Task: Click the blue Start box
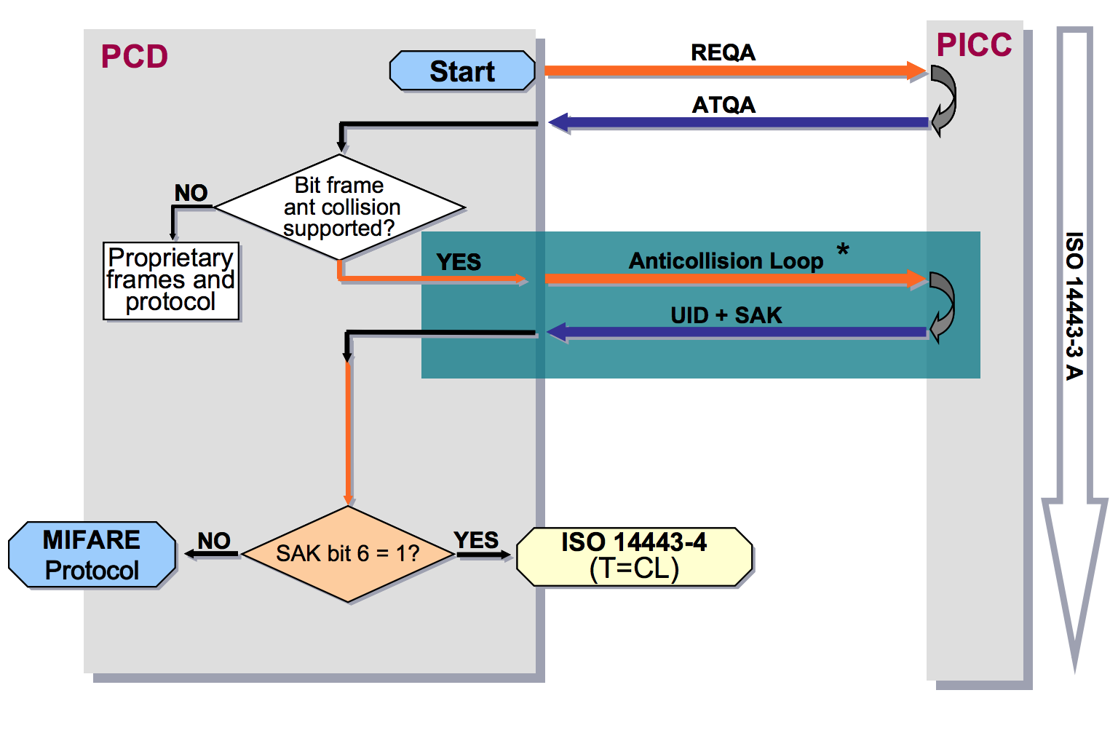pyautogui.click(x=462, y=71)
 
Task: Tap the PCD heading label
pyautogui.click(x=135, y=57)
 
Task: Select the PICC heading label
pyautogui.click(x=974, y=45)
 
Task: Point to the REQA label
pyautogui.click(x=723, y=52)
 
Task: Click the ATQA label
pyautogui.click(x=723, y=105)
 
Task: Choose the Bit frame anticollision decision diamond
pyautogui.click(x=340, y=207)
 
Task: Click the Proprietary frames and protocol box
pyautogui.click(x=171, y=280)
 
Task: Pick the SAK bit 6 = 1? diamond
pyautogui.click(x=348, y=554)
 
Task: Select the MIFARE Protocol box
pyautogui.click(x=92, y=555)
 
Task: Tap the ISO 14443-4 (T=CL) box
pyautogui.click(x=634, y=556)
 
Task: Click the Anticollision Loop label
pyautogui.click(x=726, y=261)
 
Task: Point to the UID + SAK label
pyautogui.click(x=726, y=315)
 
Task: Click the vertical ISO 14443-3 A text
pyautogui.click(x=1074, y=306)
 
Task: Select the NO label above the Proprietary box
pyautogui.click(x=191, y=193)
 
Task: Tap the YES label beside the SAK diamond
pyautogui.click(x=476, y=540)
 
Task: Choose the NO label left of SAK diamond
pyautogui.click(x=214, y=541)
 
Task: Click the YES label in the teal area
pyautogui.click(x=459, y=262)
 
